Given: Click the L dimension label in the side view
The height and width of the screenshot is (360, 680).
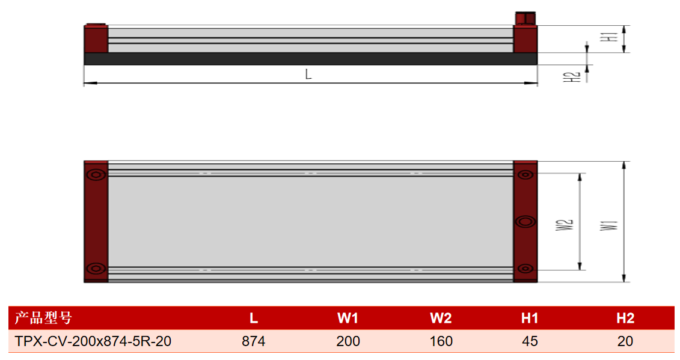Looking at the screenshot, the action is [x=308, y=74].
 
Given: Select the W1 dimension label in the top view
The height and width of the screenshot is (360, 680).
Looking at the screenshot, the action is [x=609, y=225].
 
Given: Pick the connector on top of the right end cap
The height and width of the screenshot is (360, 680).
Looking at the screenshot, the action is [x=525, y=18].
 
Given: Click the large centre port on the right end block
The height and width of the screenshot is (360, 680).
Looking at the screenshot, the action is [x=525, y=222].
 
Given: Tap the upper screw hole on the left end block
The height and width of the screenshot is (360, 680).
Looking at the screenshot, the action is [x=96, y=175].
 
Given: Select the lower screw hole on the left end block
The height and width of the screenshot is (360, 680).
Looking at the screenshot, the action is [x=96, y=269].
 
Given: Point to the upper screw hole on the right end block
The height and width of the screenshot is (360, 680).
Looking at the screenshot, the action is [x=525, y=175].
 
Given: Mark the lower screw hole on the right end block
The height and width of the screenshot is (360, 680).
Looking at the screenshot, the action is [x=525, y=269].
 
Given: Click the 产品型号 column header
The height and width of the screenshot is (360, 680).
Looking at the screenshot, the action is [x=43, y=318].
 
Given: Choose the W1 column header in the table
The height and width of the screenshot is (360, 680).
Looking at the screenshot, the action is [x=348, y=319].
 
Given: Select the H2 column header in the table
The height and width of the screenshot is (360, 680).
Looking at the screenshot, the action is [x=625, y=319].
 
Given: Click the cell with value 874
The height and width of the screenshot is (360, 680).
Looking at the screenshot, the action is [x=254, y=341].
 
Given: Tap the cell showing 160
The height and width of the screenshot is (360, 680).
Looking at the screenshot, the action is [x=441, y=341].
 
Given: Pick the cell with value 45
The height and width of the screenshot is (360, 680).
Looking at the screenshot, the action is [x=530, y=341].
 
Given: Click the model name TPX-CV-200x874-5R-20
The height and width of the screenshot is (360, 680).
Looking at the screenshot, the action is [x=93, y=341].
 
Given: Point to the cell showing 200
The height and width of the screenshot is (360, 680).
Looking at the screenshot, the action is [x=348, y=341].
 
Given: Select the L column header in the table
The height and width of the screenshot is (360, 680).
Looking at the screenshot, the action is [x=254, y=319].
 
